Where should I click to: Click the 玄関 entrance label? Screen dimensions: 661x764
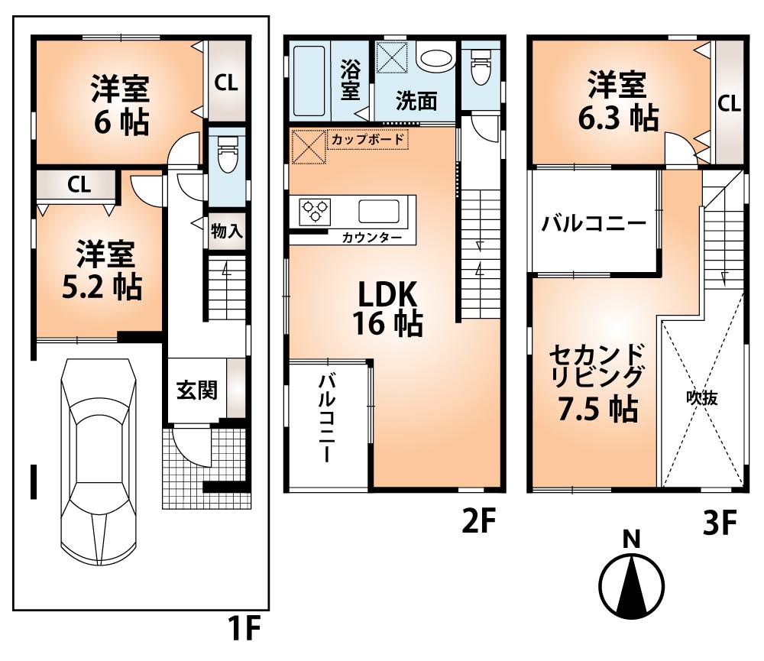[197, 390]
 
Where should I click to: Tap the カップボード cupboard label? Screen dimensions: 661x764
[368, 140]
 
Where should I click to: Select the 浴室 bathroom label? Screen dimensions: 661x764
[351, 79]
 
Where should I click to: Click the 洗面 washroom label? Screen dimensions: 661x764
[416, 102]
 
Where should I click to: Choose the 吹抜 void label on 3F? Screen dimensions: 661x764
[701, 397]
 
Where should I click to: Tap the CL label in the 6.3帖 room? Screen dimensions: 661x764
[729, 103]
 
